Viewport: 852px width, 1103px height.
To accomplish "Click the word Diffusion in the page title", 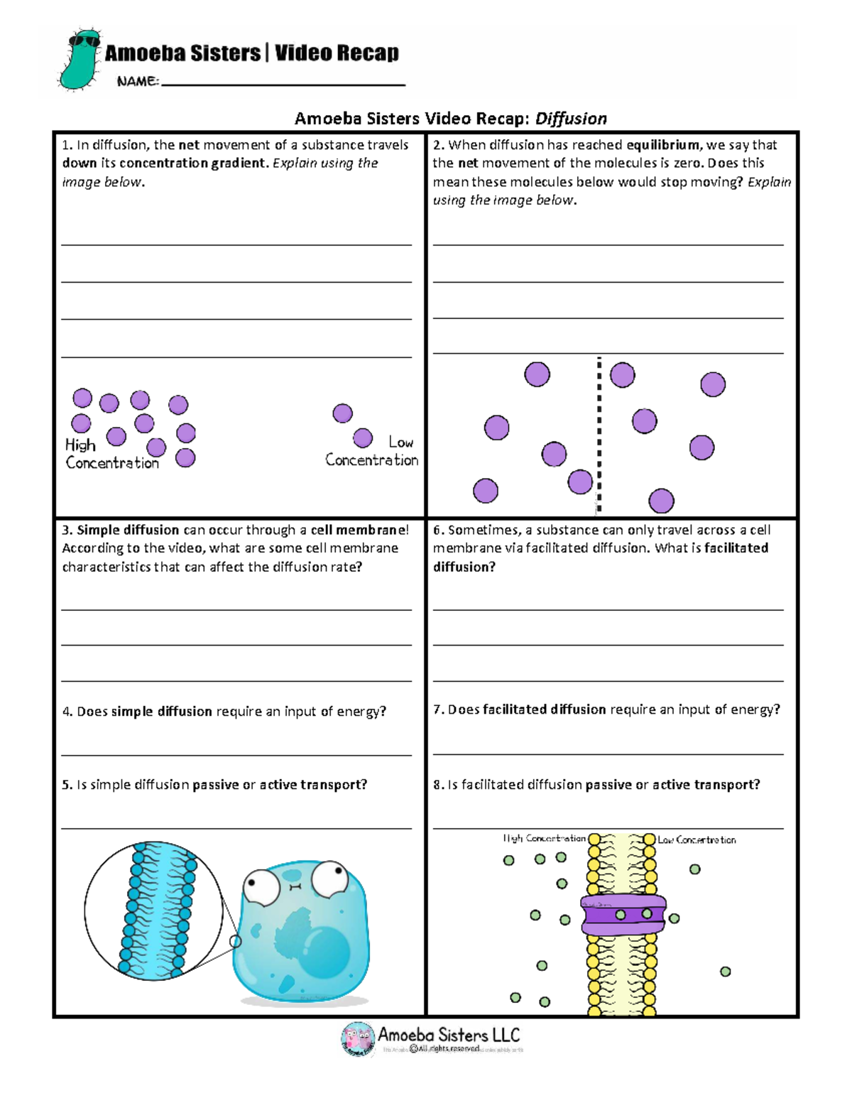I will (x=571, y=119).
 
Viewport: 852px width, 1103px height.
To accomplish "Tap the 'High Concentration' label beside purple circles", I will (x=111, y=454).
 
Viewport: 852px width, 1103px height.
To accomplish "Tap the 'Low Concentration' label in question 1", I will (x=372, y=452).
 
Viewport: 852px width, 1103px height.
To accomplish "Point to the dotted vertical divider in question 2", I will (x=599, y=433).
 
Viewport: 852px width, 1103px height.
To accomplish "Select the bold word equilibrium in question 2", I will (x=664, y=145).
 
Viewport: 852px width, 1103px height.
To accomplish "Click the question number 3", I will (x=67, y=530).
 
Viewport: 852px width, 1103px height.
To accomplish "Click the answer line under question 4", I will (x=236, y=754).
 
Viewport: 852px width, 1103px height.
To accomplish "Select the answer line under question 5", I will (x=236, y=827).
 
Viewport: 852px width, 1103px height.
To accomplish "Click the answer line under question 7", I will (x=608, y=754).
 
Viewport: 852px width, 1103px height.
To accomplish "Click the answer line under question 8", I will (x=608, y=827).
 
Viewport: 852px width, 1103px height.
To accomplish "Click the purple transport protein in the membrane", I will (x=623, y=915).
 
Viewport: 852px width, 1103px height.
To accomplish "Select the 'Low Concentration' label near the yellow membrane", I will (x=697, y=840).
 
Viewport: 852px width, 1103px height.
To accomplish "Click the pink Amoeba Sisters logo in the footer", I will (x=358, y=1038).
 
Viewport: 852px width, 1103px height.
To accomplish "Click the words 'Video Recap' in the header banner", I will (x=337, y=53).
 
